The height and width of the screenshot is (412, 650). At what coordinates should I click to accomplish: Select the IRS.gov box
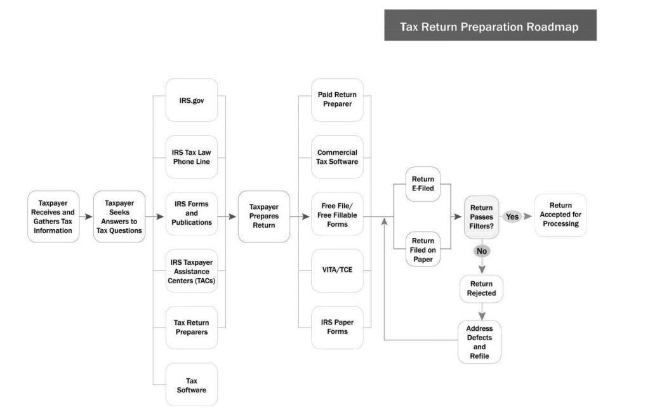[192, 100]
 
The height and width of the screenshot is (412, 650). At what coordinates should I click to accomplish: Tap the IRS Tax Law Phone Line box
[192, 157]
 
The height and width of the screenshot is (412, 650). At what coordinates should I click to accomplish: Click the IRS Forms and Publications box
[192, 213]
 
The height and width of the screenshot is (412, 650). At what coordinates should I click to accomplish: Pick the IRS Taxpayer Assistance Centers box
[192, 271]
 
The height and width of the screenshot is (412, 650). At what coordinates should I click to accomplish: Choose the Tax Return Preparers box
[192, 328]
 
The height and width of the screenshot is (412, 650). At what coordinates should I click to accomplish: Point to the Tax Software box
[192, 385]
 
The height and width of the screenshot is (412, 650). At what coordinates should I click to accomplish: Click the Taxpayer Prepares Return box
[264, 216]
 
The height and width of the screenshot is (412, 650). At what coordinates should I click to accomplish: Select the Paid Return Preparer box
[338, 100]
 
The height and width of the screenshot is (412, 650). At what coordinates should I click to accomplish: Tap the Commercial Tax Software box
[338, 157]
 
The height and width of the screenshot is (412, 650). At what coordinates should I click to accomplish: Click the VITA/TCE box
[338, 270]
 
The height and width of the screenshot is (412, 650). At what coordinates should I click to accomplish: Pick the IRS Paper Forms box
[338, 328]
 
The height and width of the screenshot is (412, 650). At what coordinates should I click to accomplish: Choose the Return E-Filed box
[423, 184]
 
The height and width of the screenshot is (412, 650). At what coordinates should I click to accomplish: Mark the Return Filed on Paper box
[423, 249]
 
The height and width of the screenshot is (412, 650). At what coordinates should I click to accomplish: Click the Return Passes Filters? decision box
[481, 217]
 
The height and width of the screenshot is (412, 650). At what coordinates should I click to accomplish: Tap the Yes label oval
[512, 216]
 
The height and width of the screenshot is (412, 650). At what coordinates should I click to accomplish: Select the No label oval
[482, 251]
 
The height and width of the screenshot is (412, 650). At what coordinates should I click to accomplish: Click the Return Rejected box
[481, 288]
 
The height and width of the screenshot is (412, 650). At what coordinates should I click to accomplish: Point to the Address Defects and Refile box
[480, 342]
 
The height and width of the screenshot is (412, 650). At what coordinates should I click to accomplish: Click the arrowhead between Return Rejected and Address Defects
[482, 316]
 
